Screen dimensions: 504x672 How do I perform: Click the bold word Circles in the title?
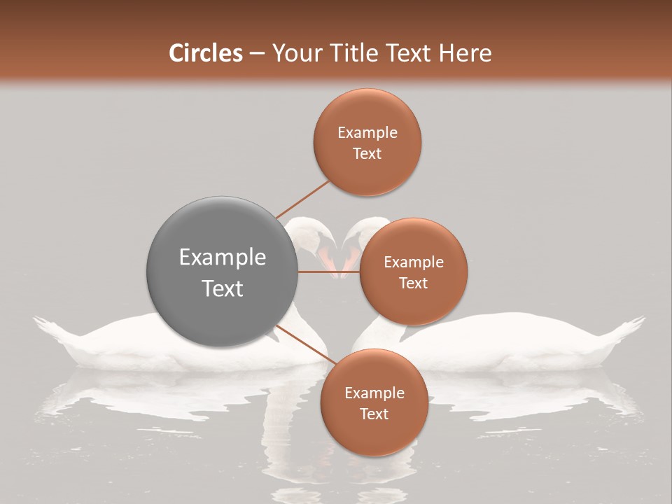tap(206, 53)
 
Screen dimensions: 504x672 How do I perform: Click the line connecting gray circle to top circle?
tap(302, 199)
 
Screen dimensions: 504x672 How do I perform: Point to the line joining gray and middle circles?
tap(328, 272)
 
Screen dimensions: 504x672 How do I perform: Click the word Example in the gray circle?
tap(222, 258)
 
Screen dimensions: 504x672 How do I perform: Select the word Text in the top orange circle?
tap(367, 153)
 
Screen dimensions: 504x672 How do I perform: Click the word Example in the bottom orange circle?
tap(374, 393)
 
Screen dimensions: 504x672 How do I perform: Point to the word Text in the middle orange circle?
tap(414, 283)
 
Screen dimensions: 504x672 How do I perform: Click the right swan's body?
tap(518, 339)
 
